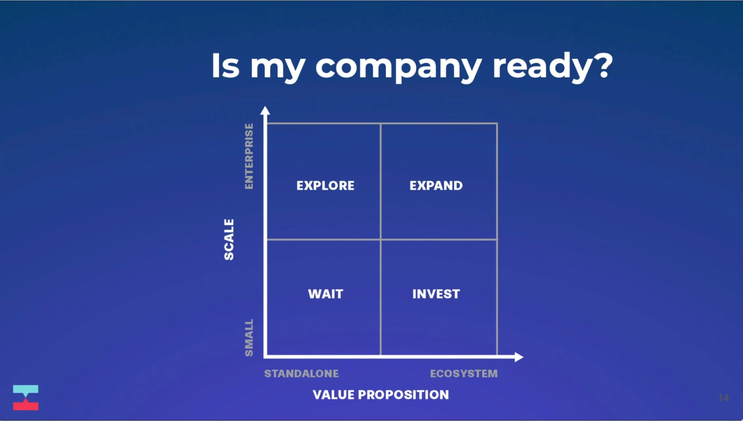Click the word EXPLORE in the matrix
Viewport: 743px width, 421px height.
click(x=325, y=186)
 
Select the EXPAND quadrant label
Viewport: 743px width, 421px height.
click(x=436, y=186)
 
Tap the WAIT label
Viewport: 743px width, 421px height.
click(x=325, y=294)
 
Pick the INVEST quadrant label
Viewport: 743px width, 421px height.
click(x=436, y=294)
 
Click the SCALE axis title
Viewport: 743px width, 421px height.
click(x=229, y=240)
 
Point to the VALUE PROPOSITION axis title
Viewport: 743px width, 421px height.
click(x=381, y=395)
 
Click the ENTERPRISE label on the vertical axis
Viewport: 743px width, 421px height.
click(x=249, y=156)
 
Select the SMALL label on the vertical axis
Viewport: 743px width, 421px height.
click(x=249, y=338)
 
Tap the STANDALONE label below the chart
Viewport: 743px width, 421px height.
click(x=301, y=373)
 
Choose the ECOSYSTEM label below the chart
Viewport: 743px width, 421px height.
click(x=464, y=373)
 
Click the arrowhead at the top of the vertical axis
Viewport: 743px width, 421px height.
click(x=265, y=110)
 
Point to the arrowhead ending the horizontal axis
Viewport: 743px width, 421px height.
click(x=519, y=357)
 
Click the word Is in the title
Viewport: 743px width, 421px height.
click(x=225, y=65)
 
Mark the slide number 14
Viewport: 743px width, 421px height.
click(x=724, y=398)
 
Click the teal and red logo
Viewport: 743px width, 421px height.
click(x=26, y=397)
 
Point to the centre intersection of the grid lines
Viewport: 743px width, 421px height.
click(x=381, y=240)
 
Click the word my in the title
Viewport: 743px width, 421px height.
click(x=278, y=68)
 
